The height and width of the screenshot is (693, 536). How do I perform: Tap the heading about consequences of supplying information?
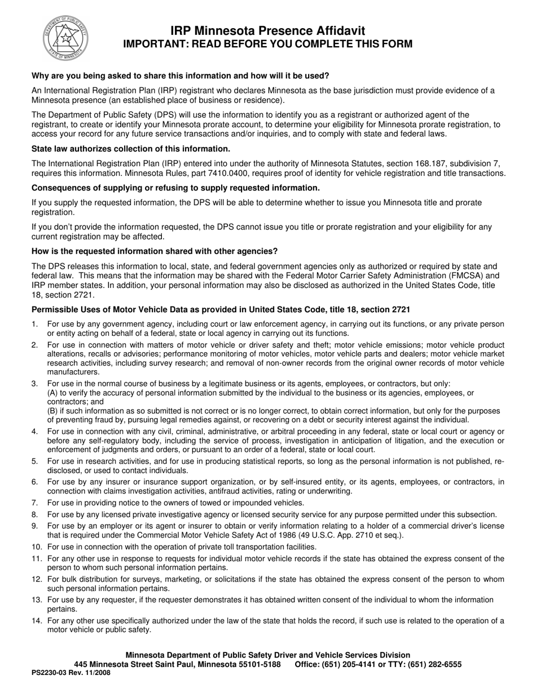coord(175,188)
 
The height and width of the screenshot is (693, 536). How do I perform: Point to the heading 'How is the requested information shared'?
coord(155,251)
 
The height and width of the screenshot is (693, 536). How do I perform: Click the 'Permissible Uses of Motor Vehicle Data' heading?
coord(221,309)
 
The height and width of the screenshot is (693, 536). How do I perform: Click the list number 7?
coord(34,503)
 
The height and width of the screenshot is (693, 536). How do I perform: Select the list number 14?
coord(36,621)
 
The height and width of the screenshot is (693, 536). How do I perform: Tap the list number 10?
coord(36,547)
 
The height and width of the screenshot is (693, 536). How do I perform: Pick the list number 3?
coord(34,384)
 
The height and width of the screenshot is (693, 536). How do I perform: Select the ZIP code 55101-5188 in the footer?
coord(260,664)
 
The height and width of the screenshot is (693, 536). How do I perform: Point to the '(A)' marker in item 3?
coord(53,393)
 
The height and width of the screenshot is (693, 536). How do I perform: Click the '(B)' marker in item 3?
coord(53,411)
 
